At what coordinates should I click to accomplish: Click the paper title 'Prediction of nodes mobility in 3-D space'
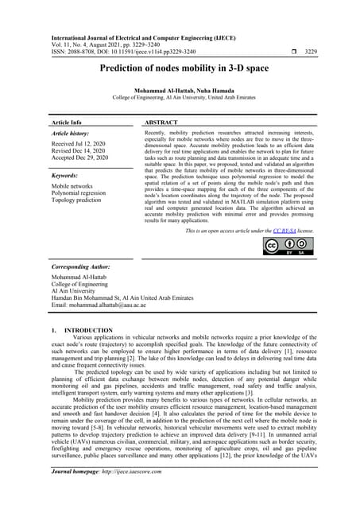coord(180,69)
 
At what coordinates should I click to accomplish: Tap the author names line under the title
coord(180,90)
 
